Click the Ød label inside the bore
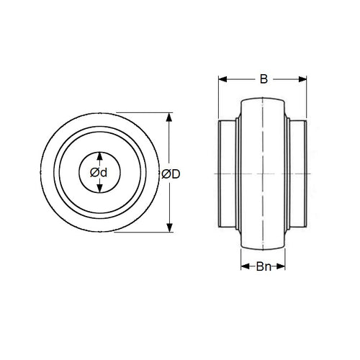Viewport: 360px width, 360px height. [99, 173]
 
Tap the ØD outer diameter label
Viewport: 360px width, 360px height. [171, 174]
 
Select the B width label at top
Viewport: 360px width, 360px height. [264, 79]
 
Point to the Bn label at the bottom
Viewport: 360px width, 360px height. [264, 266]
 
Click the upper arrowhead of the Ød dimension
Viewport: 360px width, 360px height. [99, 156]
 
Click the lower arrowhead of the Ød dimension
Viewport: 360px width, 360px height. [99, 189]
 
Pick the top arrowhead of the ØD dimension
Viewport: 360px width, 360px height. [169, 117]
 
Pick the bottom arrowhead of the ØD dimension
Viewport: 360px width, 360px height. [169, 228]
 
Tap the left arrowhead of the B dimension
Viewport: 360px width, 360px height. [222, 79]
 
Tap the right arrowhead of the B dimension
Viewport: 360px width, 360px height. [302, 79]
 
